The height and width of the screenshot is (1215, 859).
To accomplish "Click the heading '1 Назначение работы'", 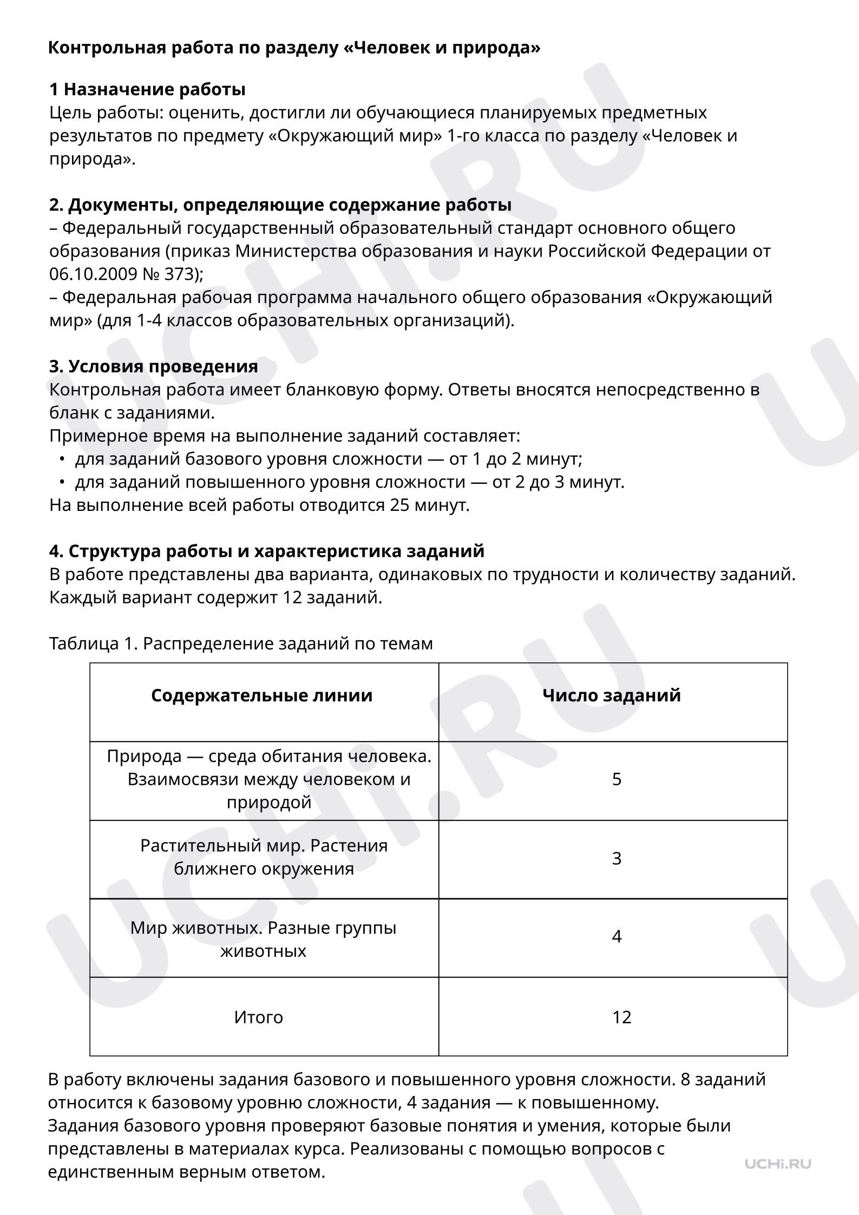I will pyautogui.click(x=147, y=89).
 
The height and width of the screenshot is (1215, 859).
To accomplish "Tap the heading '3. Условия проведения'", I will pyautogui.click(x=153, y=366).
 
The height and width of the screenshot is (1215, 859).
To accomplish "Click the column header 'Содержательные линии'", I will pyautogui.click(x=262, y=695).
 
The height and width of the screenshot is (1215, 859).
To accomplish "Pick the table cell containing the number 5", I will pyautogui.click(x=617, y=779).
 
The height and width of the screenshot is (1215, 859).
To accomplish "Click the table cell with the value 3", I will pyautogui.click(x=617, y=858).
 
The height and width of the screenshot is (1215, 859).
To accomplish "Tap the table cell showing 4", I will pyautogui.click(x=617, y=936).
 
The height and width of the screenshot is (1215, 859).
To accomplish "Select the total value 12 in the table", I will pyautogui.click(x=622, y=1017).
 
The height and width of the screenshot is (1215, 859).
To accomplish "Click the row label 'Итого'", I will pyautogui.click(x=259, y=1017).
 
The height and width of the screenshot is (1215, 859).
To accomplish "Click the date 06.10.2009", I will pyautogui.click(x=93, y=274).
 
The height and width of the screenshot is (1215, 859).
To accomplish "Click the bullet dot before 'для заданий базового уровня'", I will pyautogui.click(x=63, y=459).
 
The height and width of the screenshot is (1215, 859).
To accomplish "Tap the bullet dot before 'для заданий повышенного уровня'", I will pyautogui.click(x=63, y=482).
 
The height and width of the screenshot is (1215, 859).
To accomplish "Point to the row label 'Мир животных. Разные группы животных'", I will pyautogui.click(x=264, y=940).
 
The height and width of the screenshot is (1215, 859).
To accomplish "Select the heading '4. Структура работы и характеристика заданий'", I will pyautogui.click(x=266, y=551).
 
